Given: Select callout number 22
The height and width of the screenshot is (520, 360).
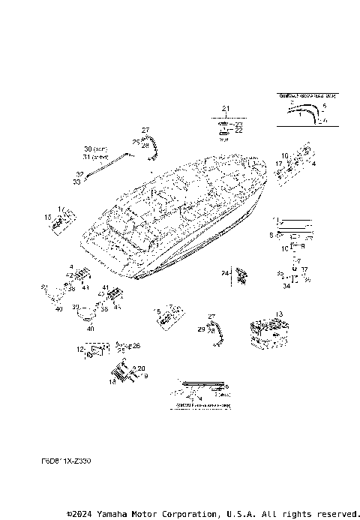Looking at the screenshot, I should [x=239, y=131].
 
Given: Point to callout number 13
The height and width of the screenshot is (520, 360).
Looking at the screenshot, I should [x=279, y=314].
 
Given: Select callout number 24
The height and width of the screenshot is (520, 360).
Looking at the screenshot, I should [x=224, y=274].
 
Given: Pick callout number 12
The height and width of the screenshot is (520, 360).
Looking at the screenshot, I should [x=79, y=349].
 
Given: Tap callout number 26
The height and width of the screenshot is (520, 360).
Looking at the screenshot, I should [x=135, y=345].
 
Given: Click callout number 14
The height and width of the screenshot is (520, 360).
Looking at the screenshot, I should [x=112, y=382].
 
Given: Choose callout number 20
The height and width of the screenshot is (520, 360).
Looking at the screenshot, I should [x=140, y=368].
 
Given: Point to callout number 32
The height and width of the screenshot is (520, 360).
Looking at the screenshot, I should [x=79, y=174].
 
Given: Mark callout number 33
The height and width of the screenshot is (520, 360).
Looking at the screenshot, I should [x=79, y=182].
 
